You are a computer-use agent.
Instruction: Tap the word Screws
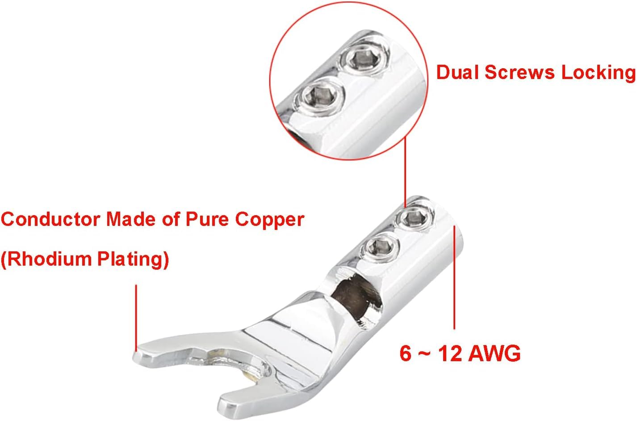520,72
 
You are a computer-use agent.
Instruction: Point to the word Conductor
50,220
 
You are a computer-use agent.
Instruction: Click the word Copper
270,220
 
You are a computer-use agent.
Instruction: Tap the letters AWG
494,354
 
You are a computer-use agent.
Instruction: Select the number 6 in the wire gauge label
406,354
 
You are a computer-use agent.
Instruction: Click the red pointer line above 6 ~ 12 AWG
454,277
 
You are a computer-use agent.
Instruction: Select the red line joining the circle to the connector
405,172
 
